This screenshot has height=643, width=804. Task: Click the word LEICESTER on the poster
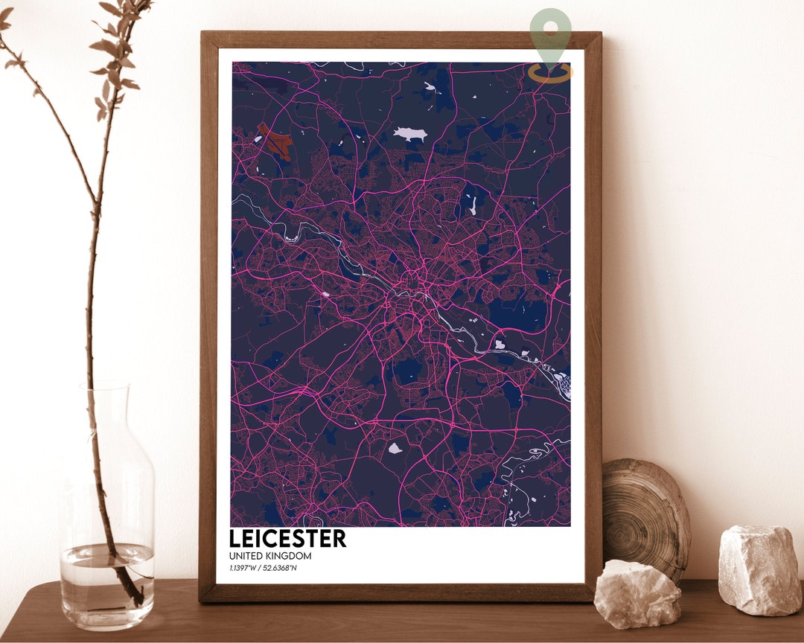point(287,538)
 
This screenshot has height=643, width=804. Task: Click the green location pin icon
point(551,30)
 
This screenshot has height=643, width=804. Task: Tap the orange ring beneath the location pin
point(551,72)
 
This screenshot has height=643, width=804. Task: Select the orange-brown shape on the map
point(275,141)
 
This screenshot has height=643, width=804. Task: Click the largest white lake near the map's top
point(410,134)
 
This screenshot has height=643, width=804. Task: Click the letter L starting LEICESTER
point(235,538)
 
